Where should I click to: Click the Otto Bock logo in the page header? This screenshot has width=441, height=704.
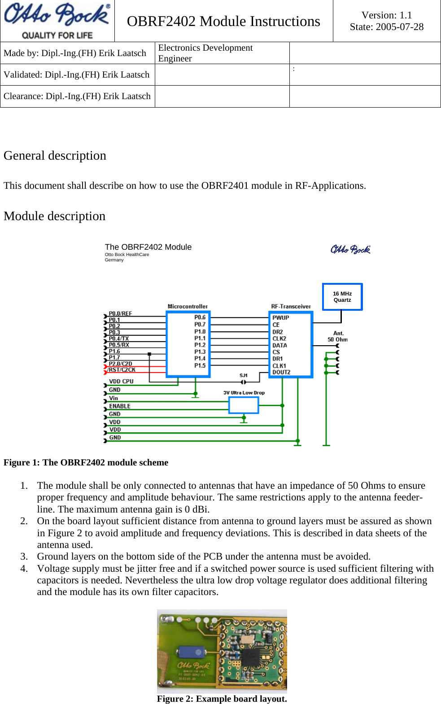pyautogui.click(x=57, y=21)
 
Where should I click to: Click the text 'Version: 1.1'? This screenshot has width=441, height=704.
pyautogui.click(x=387, y=15)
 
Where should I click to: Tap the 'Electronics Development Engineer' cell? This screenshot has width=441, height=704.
pyautogui.click(x=205, y=53)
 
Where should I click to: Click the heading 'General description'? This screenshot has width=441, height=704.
pyautogui.click(x=55, y=156)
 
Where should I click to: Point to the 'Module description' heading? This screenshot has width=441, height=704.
pyautogui.click(x=54, y=216)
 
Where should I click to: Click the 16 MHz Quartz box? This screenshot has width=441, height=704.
pyautogui.click(x=342, y=297)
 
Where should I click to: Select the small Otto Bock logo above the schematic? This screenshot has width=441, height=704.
pyautogui.click(x=350, y=249)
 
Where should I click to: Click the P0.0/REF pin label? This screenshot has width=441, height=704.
pyautogui.click(x=120, y=313)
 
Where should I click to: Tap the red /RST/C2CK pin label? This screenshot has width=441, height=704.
pyautogui.click(x=121, y=369)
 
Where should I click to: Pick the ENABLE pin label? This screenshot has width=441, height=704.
pyautogui.click(x=120, y=406)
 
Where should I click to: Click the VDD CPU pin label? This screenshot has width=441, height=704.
pyautogui.click(x=121, y=382)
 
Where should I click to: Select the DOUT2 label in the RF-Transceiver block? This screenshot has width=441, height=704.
pyautogui.click(x=281, y=372)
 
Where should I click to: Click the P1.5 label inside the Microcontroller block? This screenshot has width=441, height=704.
pyautogui.click(x=200, y=365)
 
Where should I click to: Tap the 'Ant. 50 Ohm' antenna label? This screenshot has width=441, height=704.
pyautogui.click(x=338, y=336)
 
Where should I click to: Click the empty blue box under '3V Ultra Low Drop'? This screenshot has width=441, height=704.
pyautogui.click(x=244, y=405)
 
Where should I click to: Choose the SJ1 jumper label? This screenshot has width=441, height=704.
pyautogui.click(x=244, y=375)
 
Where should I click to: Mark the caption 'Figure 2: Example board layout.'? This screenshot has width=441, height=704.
pyautogui.click(x=222, y=699)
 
